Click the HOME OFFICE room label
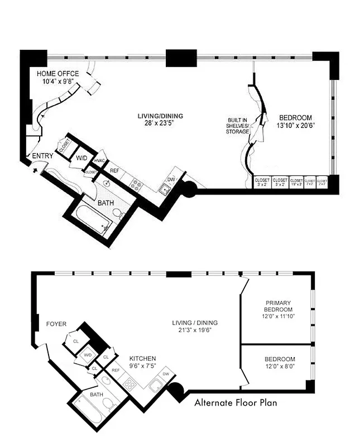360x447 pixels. click(x=58, y=74)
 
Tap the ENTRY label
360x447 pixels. click(x=44, y=156)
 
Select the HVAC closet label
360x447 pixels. click(x=100, y=161)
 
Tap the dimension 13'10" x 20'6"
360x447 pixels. click(x=295, y=126)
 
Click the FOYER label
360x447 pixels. click(x=56, y=324)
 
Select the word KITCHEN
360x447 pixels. click(x=143, y=358)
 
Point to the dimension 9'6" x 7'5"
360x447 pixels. click(x=143, y=366)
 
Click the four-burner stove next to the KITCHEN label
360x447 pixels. click(x=130, y=383)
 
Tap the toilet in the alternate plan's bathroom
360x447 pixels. click(x=108, y=403)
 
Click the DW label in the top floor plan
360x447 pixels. click(x=171, y=180)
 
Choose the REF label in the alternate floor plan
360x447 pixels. click(x=116, y=370)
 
